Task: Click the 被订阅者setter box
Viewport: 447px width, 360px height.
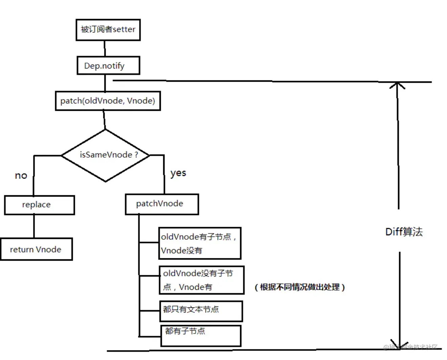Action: (x=108, y=30)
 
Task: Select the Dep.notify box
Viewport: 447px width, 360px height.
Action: (x=108, y=65)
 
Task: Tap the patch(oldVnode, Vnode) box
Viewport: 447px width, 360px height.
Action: (x=108, y=101)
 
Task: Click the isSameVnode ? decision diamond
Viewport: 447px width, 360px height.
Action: (x=106, y=155)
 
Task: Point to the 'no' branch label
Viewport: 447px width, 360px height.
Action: (x=21, y=176)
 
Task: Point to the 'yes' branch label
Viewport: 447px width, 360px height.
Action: (x=178, y=173)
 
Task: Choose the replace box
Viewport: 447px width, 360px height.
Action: (x=39, y=205)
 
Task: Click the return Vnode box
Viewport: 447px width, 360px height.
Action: (x=36, y=249)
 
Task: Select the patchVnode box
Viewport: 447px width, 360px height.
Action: (x=162, y=204)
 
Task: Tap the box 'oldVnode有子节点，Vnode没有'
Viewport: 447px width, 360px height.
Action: (x=199, y=243)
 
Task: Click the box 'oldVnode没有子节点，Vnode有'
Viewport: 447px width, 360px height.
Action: (x=201, y=280)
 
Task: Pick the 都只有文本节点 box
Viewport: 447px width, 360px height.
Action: (x=201, y=311)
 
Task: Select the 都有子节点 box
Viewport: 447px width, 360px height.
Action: (x=200, y=336)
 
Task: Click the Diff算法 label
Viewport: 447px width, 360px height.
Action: (x=404, y=232)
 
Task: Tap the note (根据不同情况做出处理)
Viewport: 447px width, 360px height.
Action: (x=300, y=287)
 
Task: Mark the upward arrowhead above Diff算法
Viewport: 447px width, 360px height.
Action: (x=397, y=85)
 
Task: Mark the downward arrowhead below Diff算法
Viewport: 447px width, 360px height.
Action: (x=400, y=344)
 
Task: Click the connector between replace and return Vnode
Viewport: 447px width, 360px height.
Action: (x=34, y=226)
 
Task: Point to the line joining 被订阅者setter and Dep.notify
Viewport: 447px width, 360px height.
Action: (x=105, y=48)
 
